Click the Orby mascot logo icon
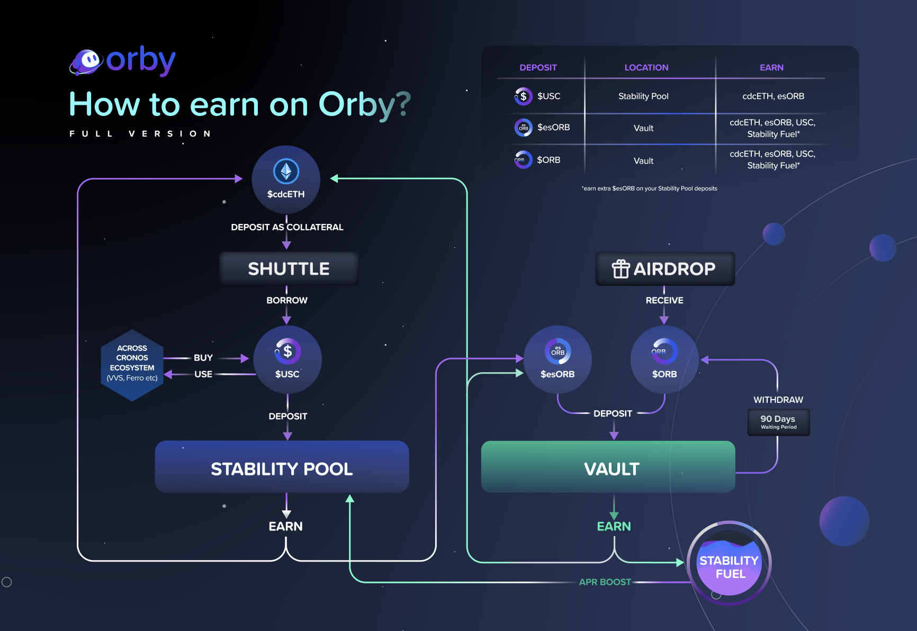click(x=86, y=61)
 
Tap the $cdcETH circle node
click(x=286, y=179)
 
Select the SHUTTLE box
click(x=289, y=269)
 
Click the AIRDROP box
click(x=665, y=269)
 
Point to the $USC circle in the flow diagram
click(x=287, y=359)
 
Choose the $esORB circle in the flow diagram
click(x=558, y=359)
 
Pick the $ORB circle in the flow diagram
click(x=664, y=359)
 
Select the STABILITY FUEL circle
click(x=729, y=564)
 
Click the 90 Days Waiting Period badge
click(x=778, y=422)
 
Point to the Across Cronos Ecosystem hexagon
click(x=132, y=364)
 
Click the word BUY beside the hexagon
click(x=203, y=358)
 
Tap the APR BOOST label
click(x=605, y=582)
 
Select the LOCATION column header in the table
click(x=646, y=68)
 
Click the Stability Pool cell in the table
click(x=643, y=96)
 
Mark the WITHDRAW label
click(x=778, y=400)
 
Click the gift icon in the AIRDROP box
click(x=621, y=269)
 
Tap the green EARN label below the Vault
click(x=614, y=526)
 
